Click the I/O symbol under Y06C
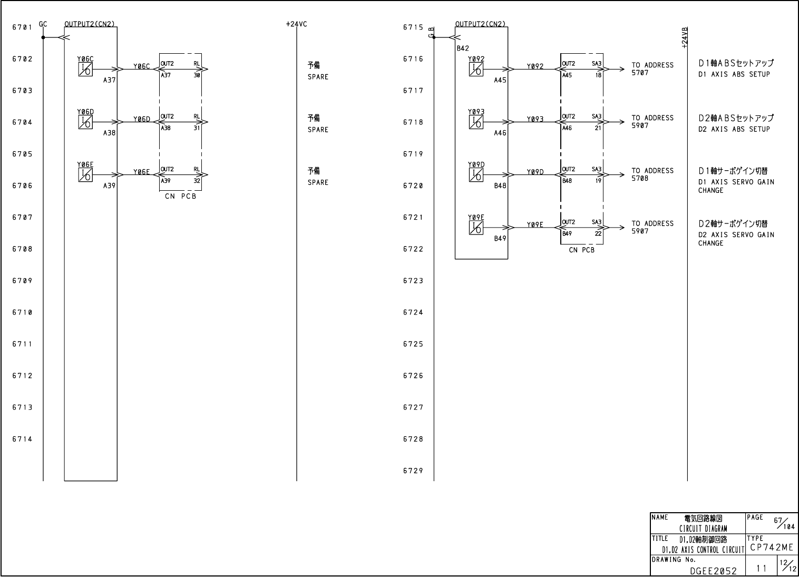click(85, 70)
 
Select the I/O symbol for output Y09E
click(476, 228)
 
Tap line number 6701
click(22, 27)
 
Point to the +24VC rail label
click(296, 24)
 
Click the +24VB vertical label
click(685, 38)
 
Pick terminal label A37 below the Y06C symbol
click(109, 80)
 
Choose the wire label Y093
click(535, 119)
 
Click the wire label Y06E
click(141, 172)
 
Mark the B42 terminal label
click(463, 48)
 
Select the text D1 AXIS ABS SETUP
click(734, 74)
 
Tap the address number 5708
click(640, 178)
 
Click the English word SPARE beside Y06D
click(318, 130)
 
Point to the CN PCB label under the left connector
click(180, 197)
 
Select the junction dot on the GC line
click(43, 37)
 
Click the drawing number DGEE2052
click(714, 571)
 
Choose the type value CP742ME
click(771, 547)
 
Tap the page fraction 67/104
click(784, 523)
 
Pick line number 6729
click(413, 471)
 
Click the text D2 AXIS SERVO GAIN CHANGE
click(736, 239)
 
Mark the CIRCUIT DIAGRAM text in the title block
click(703, 529)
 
